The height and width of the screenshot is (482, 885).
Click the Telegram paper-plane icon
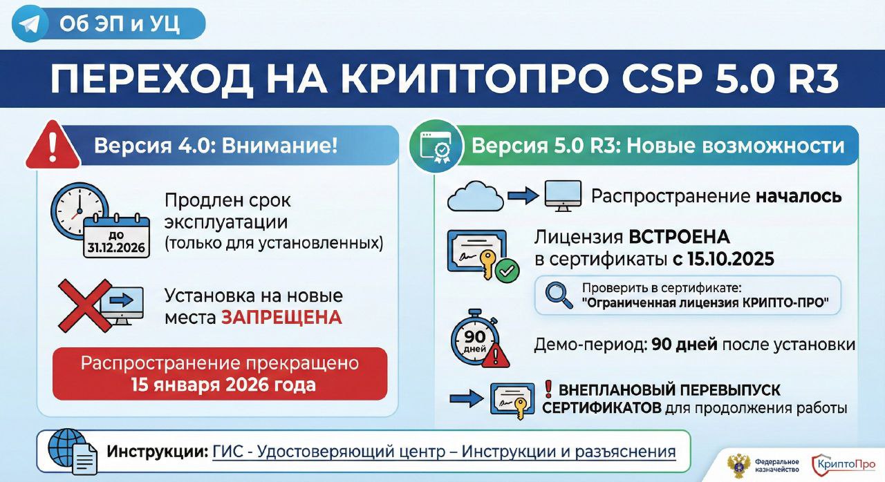point(29,24)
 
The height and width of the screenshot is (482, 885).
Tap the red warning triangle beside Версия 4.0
point(53,146)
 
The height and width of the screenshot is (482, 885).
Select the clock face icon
point(79,211)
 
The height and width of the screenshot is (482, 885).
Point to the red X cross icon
point(85,306)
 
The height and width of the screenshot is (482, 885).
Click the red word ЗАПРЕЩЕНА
point(281,318)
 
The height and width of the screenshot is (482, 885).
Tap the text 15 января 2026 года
point(223,385)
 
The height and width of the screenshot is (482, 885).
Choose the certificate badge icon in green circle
point(436,146)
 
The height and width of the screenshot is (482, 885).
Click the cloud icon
point(475,196)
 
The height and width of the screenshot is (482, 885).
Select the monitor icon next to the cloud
point(563,196)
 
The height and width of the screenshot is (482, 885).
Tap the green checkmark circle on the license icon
point(507,271)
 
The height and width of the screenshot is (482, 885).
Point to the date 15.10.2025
point(731,259)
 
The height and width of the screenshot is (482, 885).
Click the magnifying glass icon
point(559,295)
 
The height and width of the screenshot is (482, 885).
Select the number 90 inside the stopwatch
point(474,336)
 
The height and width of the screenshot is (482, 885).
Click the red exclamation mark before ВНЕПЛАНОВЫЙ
point(548,389)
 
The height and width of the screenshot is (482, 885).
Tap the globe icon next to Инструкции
point(67,446)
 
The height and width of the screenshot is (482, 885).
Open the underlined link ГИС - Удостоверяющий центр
point(328,452)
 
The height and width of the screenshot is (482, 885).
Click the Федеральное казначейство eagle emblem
point(738,466)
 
